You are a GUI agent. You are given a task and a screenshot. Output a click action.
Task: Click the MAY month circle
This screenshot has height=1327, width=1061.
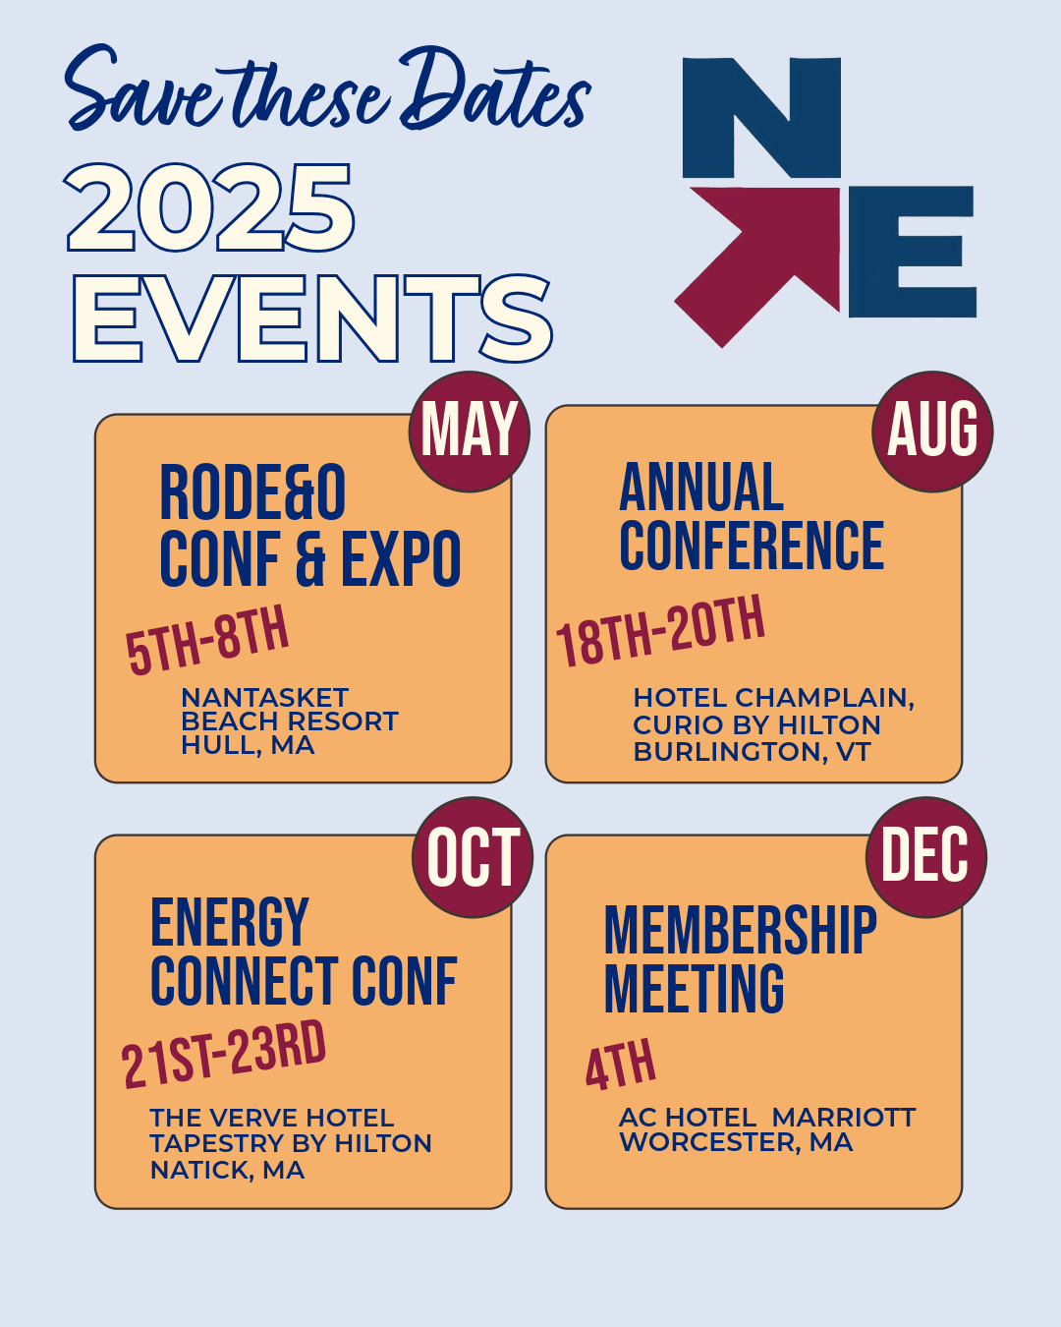tap(470, 432)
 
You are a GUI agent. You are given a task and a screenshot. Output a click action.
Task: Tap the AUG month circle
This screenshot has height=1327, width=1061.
tap(932, 432)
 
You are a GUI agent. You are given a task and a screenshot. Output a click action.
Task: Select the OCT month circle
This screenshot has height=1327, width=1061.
tap(473, 857)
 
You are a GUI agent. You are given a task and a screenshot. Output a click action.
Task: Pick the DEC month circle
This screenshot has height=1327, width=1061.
tap(926, 857)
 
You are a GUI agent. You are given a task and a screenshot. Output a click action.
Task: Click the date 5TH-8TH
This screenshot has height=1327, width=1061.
tap(207, 640)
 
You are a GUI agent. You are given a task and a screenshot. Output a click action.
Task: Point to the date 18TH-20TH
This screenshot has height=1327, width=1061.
tap(660, 631)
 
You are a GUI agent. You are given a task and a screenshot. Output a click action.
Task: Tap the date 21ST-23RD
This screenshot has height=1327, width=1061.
tap(223, 1055)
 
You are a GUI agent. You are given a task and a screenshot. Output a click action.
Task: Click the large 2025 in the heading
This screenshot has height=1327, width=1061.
tap(209, 207)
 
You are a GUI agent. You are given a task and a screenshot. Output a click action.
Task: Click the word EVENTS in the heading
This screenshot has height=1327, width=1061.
tap(312, 318)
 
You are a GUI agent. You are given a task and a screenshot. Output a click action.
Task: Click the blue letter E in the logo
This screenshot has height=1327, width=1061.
tap(913, 252)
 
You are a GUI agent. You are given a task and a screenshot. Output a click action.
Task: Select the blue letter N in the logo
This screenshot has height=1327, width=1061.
tap(761, 117)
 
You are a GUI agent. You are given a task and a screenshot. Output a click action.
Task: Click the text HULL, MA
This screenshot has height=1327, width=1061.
tap(248, 745)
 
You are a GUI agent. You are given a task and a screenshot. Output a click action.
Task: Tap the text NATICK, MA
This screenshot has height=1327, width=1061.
tap(228, 1170)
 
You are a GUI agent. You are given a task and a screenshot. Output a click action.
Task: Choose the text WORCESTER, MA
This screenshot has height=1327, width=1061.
tap(736, 1142)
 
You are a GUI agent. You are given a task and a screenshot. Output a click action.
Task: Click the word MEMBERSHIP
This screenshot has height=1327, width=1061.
tap(741, 930)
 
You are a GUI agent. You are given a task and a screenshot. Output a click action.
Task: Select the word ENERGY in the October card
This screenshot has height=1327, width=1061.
tap(229, 921)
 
